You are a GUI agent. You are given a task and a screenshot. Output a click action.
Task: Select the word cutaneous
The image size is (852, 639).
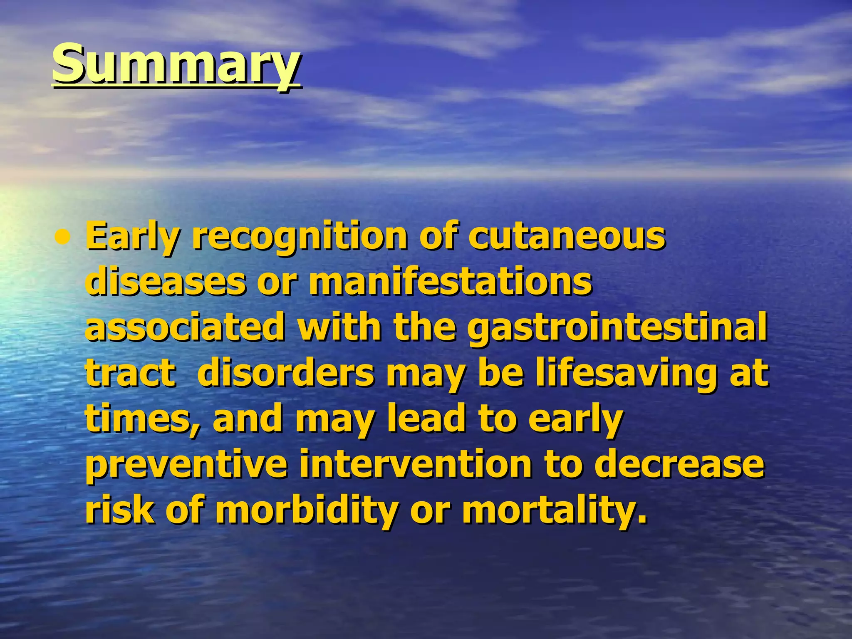coord(567,236)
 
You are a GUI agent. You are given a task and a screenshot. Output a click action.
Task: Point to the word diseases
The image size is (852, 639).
coord(165,282)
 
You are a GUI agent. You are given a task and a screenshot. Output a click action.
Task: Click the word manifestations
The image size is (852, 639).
coord(450,282)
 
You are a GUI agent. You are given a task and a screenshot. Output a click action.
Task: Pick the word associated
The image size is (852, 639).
coord(185,328)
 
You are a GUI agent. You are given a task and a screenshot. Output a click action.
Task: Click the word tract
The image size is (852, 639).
coord(130,374)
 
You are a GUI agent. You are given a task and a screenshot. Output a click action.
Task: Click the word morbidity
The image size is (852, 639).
coord(307,511)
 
